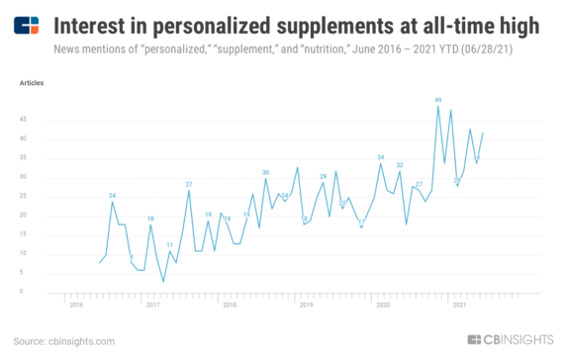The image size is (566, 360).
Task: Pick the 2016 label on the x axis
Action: coord(75,305)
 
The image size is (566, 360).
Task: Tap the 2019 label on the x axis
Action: coord(306,305)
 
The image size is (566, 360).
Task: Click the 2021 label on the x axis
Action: coord(459,305)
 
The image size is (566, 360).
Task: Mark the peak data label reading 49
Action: coord(437,99)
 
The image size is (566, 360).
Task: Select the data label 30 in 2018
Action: coord(265,172)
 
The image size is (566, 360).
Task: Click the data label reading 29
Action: coord(323,176)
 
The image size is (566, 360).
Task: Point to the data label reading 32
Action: coord(400,165)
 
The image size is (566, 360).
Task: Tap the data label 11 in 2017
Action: coord(169,244)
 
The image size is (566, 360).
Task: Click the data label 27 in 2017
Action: coord(188,184)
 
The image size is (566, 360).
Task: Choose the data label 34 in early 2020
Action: coord(380,157)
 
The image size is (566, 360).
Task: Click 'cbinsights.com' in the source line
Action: coord(79,341)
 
